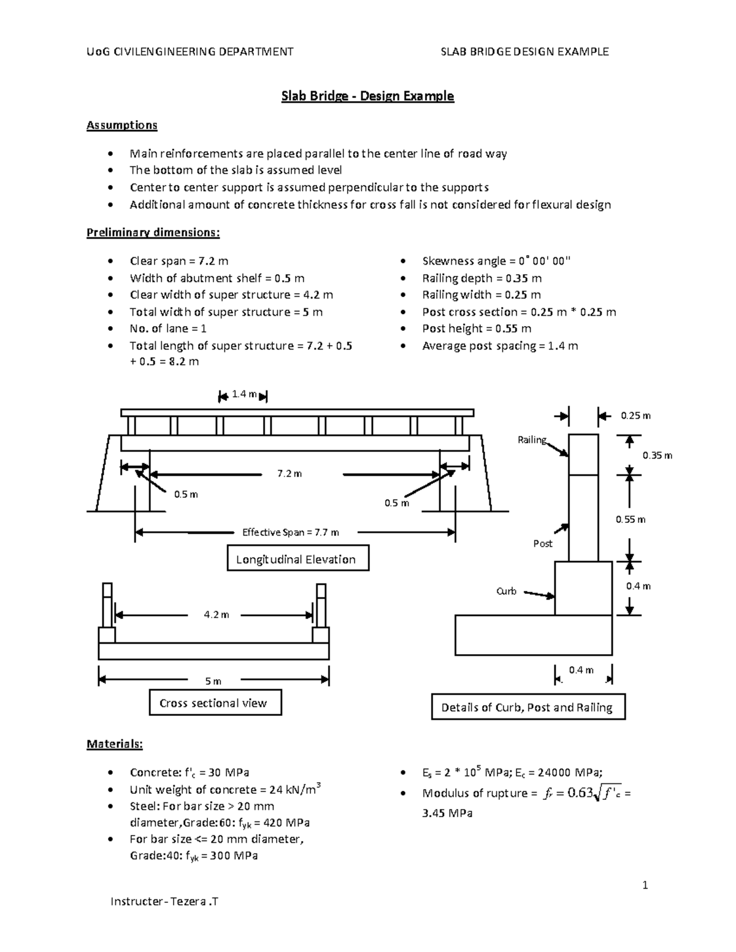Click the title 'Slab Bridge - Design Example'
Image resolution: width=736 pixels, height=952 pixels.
click(x=367, y=96)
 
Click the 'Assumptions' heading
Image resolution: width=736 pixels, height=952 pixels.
click(x=121, y=125)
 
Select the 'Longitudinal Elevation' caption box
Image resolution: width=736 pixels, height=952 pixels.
click(x=298, y=559)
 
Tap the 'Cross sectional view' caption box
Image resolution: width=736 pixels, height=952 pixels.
click(x=215, y=703)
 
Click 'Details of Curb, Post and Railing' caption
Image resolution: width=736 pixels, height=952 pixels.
click(x=527, y=707)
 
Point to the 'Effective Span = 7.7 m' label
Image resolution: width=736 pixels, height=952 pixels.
click(x=290, y=532)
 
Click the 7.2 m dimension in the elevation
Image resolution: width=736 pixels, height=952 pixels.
click(x=289, y=474)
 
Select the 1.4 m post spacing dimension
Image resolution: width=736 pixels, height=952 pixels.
click(x=243, y=395)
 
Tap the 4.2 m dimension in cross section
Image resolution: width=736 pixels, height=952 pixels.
click(x=216, y=614)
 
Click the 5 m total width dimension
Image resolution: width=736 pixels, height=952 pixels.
click(x=213, y=681)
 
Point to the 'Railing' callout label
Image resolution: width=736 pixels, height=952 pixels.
click(x=531, y=440)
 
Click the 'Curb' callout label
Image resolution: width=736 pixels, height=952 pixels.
click(x=506, y=592)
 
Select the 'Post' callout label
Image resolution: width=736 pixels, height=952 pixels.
click(x=543, y=544)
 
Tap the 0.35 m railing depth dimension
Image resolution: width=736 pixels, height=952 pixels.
click(x=657, y=455)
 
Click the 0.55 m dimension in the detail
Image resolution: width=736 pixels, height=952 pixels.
click(x=631, y=520)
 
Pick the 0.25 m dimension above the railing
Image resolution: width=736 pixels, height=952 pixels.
click(x=635, y=416)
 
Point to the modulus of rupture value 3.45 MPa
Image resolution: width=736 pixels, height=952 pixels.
click(x=447, y=813)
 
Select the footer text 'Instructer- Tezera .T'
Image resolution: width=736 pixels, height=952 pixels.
click(x=164, y=901)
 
